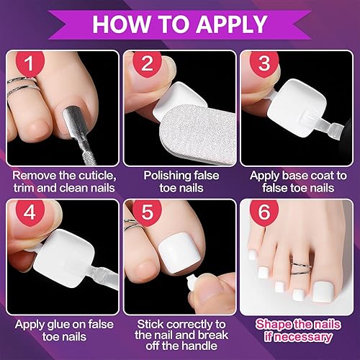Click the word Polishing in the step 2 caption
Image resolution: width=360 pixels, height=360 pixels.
[x=165, y=175]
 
